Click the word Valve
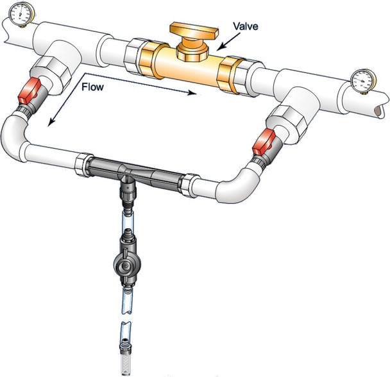click(245, 26)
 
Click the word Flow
click(92, 87)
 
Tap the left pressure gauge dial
click(21, 13)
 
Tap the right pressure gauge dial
click(363, 81)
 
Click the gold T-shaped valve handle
click(194, 31)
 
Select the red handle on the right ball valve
click(264, 143)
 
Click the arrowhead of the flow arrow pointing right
click(192, 93)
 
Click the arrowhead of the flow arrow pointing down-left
click(51, 122)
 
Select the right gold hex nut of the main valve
click(230, 76)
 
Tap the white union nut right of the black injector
click(191, 185)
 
